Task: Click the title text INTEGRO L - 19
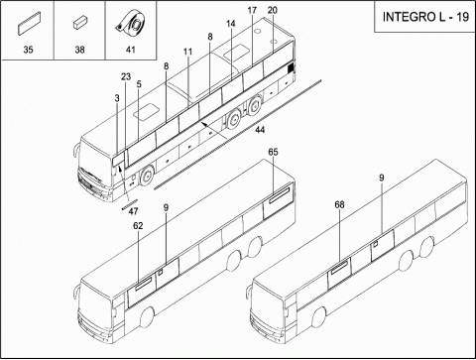pyautogui.click(x=425, y=17)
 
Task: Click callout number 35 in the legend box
pyautogui.click(x=28, y=50)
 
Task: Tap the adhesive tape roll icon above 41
pyautogui.click(x=131, y=25)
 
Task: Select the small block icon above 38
pyautogui.click(x=79, y=24)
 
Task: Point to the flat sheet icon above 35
pyautogui.click(x=29, y=23)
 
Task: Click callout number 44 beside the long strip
pyautogui.click(x=260, y=130)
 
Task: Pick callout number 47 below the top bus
pyautogui.click(x=133, y=211)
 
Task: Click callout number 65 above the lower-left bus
pyautogui.click(x=273, y=152)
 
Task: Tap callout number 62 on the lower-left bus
pyautogui.click(x=138, y=226)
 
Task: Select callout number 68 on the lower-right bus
pyautogui.click(x=339, y=205)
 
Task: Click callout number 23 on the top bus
pyautogui.click(x=126, y=76)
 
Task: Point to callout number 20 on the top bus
pyautogui.click(x=273, y=10)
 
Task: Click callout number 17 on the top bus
pyautogui.click(x=252, y=11)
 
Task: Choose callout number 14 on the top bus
pyautogui.click(x=231, y=24)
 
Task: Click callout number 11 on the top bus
pyautogui.click(x=187, y=52)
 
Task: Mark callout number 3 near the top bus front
pyautogui.click(x=117, y=98)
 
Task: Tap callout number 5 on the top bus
pyautogui.click(x=139, y=84)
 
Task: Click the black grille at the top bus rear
pyautogui.click(x=291, y=68)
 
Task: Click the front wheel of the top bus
pyautogui.click(x=146, y=176)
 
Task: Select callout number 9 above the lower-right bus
pyautogui.click(x=382, y=179)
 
